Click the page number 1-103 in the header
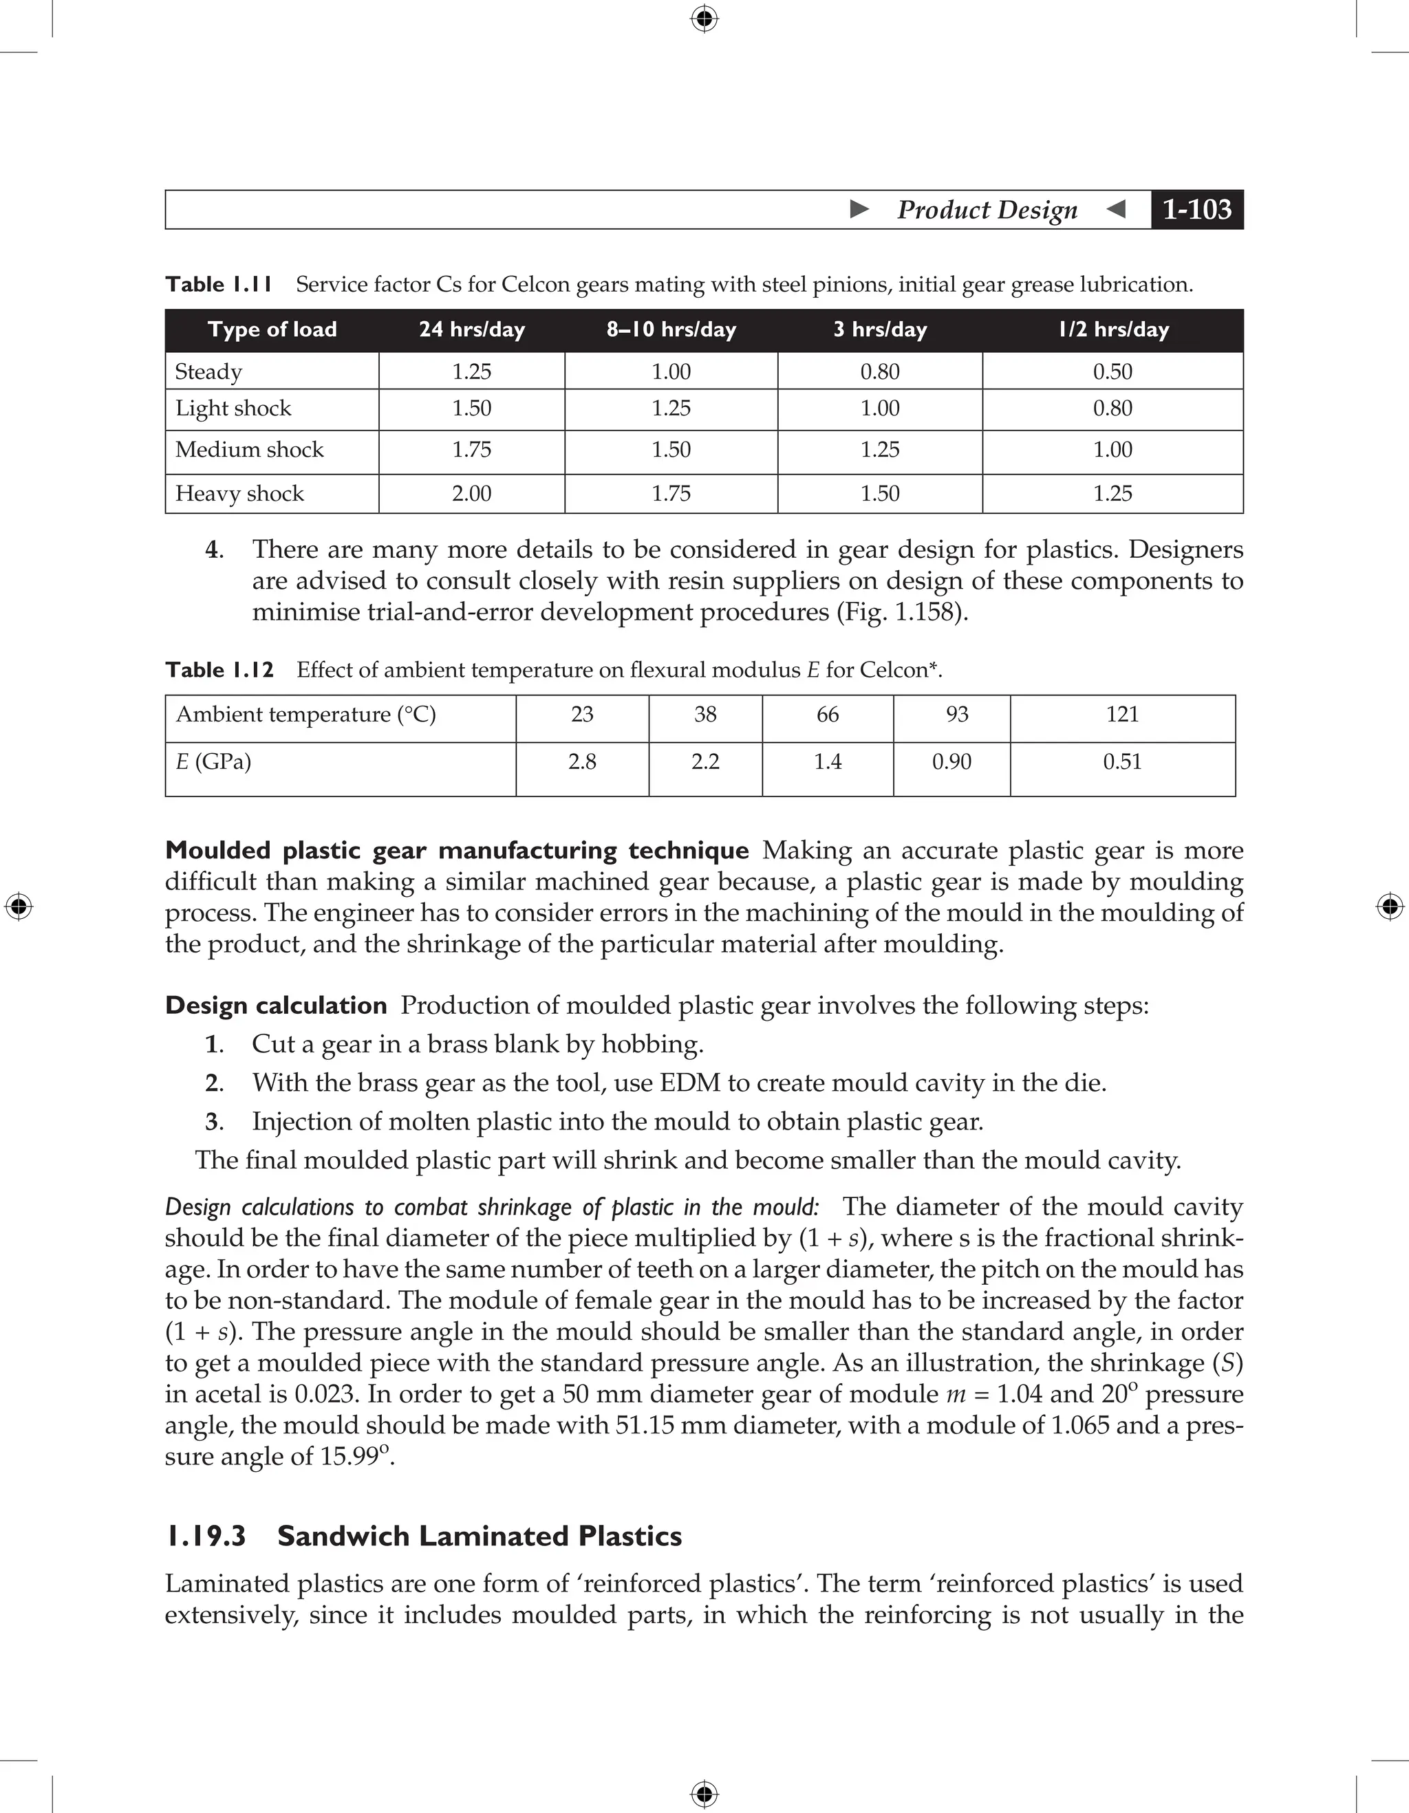pos(1196,210)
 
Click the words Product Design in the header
pos(987,210)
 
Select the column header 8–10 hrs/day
pos(671,329)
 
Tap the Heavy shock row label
pos(239,494)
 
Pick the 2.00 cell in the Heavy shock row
pos(471,494)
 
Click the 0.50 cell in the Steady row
pos(1112,372)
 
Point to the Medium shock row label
pos(249,450)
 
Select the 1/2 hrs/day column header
pos(1112,329)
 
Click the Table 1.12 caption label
pos(219,670)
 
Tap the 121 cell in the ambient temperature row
pos(1123,715)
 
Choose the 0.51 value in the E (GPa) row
pos(1123,762)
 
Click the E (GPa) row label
pos(213,762)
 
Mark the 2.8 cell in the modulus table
pos(582,762)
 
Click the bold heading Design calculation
pos(276,1006)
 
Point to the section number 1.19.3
pos(206,1536)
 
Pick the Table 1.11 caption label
pos(219,285)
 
